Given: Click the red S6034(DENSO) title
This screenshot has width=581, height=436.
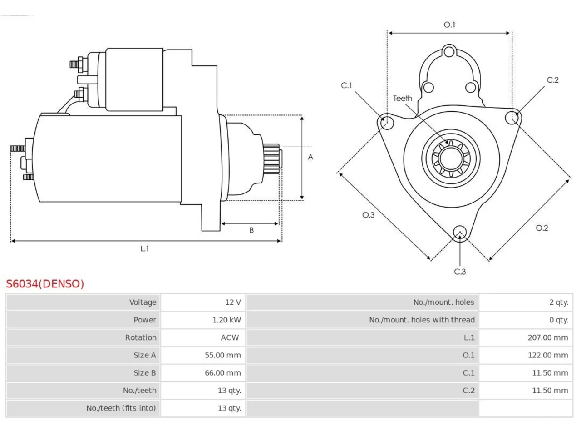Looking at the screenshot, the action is click(x=45, y=284).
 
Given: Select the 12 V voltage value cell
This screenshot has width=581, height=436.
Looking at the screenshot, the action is click(x=233, y=302).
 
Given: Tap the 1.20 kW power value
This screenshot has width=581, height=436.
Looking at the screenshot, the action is click(x=226, y=320).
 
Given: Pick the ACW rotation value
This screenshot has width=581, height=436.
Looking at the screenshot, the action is click(x=230, y=337).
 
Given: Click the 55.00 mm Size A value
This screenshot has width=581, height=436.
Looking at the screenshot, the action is click(x=222, y=355).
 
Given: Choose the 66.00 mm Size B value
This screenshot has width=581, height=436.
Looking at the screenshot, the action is click(x=222, y=373).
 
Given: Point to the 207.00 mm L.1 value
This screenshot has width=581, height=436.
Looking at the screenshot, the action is click(x=548, y=337).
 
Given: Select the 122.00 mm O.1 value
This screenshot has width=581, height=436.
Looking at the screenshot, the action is click(x=548, y=355).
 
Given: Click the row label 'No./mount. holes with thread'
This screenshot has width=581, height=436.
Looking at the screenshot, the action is click(x=422, y=320).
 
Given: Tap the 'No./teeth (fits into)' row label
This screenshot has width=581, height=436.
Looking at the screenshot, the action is click(x=121, y=408).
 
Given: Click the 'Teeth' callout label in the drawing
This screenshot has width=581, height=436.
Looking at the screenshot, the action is click(x=403, y=99).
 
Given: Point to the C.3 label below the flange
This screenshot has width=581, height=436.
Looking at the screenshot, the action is click(x=460, y=272).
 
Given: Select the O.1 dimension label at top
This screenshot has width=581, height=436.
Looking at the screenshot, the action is click(x=449, y=25).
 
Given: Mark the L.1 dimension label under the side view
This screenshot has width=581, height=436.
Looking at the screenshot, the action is click(x=144, y=248).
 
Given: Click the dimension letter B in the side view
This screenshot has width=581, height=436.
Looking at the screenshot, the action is click(x=251, y=230).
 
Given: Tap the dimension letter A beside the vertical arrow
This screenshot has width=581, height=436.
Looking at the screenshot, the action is click(x=310, y=157).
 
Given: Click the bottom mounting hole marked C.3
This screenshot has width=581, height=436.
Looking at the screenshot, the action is click(x=460, y=233).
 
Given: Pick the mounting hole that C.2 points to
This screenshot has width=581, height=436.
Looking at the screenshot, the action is click(x=512, y=118).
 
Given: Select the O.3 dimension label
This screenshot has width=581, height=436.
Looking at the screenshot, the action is click(x=369, y=215).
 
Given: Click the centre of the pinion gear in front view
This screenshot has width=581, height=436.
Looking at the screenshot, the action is click(x=451, y=159).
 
